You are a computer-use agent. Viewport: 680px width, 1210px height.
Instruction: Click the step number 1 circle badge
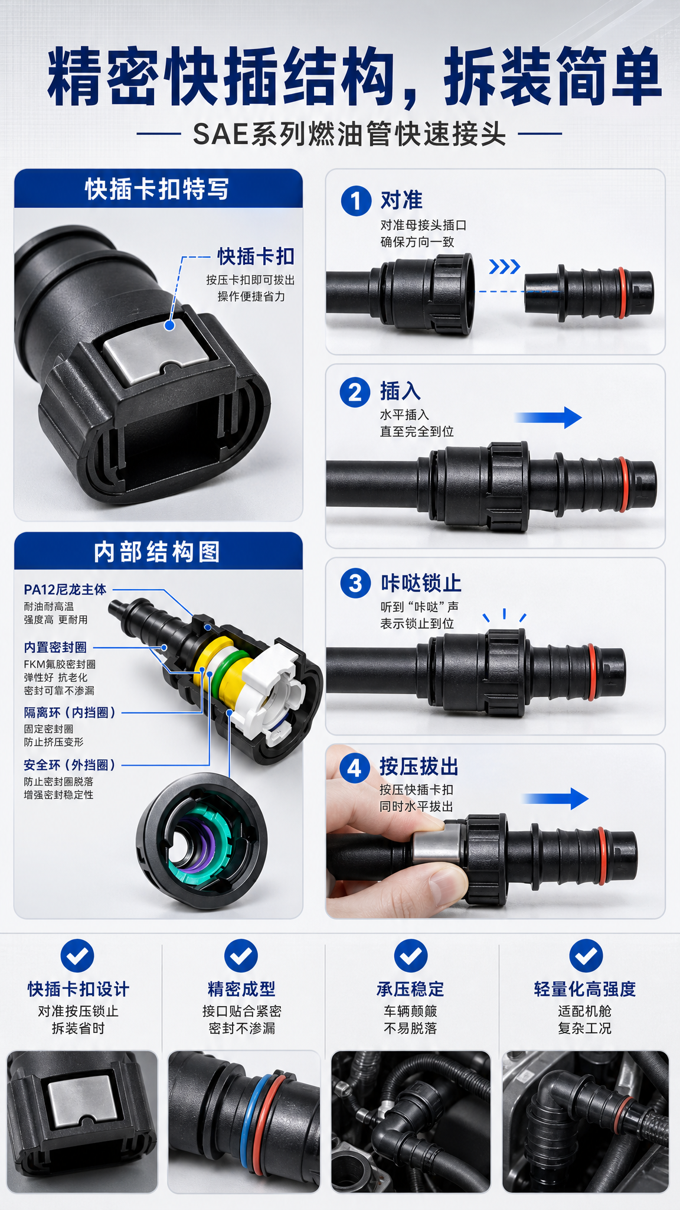click(x=356, y=201)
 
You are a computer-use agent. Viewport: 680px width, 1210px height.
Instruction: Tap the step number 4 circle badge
click(x=354, y=768)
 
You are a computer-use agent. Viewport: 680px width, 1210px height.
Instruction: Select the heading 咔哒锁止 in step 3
click(x=421, y=583)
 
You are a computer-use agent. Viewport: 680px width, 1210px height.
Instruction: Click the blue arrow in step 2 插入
click(x=548, y=418)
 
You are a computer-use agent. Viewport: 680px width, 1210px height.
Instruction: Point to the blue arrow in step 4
click(x=555, y=799)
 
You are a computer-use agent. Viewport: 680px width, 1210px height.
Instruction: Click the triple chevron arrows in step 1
click(x=505, y=267)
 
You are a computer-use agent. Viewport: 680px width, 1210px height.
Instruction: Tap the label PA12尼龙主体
click(x=65, y=590)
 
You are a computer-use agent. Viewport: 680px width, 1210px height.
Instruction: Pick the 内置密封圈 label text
click(x=55, y=648)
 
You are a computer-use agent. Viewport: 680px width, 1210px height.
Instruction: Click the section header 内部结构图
click(x=157, y=552)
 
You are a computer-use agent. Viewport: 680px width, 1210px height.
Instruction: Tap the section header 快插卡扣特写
click(x=157, y=189)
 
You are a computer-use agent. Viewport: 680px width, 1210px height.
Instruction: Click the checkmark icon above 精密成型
click(x=241, y=955)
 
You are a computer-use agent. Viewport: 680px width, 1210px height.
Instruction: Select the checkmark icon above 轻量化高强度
click(x=586, y=955)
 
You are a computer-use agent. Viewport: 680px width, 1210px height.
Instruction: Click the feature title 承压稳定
click(x=410, y=989)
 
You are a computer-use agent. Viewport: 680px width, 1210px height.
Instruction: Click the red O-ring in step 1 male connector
click(x=622, y=293)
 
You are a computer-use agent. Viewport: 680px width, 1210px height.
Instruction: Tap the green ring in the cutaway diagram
click(x=223, y=674)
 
